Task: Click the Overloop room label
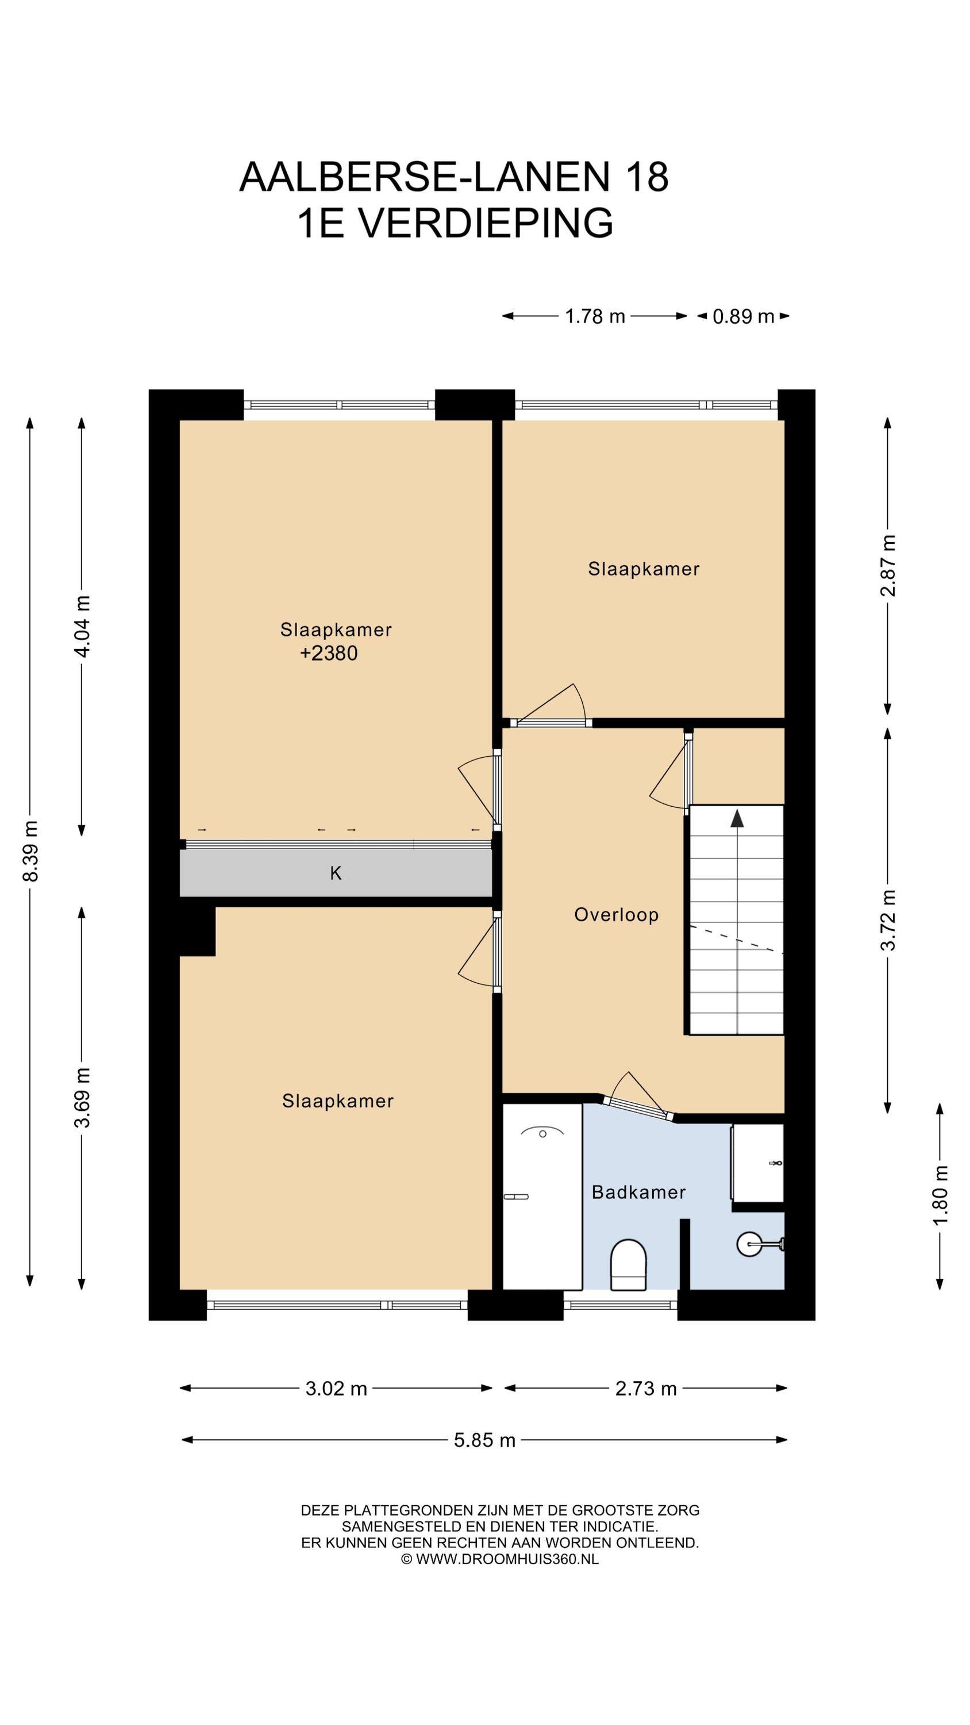(x=616, y=915)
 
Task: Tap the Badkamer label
(x=638, y=1192)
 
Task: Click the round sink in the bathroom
(x=750, y=1244)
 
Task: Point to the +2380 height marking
(x=328, y=653)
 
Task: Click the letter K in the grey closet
(x=336, y=872)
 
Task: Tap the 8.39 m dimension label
(x=30, y=850)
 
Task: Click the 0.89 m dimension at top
(x=743, y=316)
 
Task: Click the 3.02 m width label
(x=336, y=1389)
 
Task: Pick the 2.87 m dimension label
(x=888, y=566)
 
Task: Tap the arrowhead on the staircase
(x=737, y=818)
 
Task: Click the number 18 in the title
(x=646, y=177)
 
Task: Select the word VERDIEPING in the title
(x=486, y=223)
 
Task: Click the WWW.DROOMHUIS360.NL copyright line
(x=499, y=1559)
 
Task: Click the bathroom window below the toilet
(x=620, y=1305)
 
